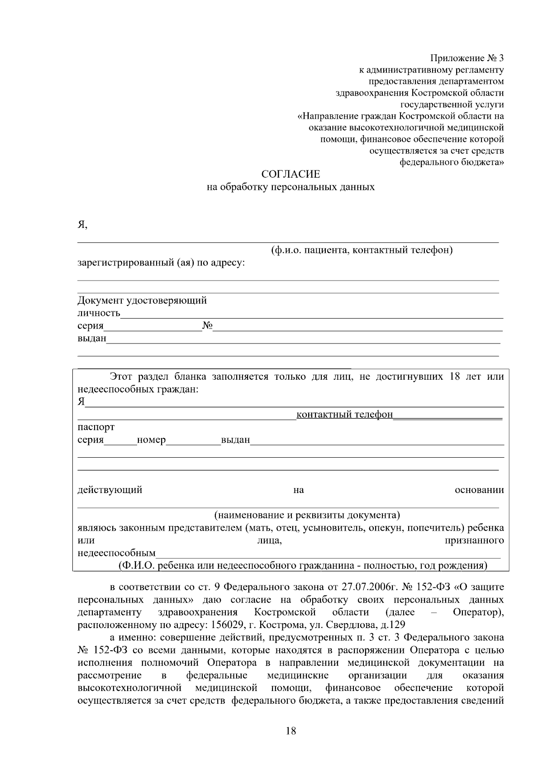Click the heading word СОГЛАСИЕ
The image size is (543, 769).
coord(291,174)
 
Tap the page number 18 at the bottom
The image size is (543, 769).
coord(291,730)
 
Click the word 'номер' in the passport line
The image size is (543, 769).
coord(151,440)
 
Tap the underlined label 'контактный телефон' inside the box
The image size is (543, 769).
coord(344,414)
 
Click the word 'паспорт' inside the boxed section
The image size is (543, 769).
coord(96,427)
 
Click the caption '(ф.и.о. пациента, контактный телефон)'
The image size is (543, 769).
coord(362,250)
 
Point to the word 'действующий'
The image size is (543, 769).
coord(110,489)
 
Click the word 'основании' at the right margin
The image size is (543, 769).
coord(479,489)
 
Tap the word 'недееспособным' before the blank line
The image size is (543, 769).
coord(116,553)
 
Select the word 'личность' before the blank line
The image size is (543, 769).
coord(99,313)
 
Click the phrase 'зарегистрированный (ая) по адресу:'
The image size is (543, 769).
coord(161,262)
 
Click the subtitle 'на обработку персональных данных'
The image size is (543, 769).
coord(291,187)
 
